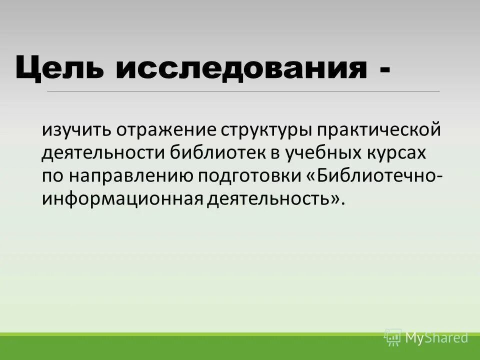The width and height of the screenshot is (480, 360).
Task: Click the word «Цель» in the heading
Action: point(60,67)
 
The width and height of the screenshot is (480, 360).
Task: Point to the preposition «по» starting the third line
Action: point(52,176)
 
